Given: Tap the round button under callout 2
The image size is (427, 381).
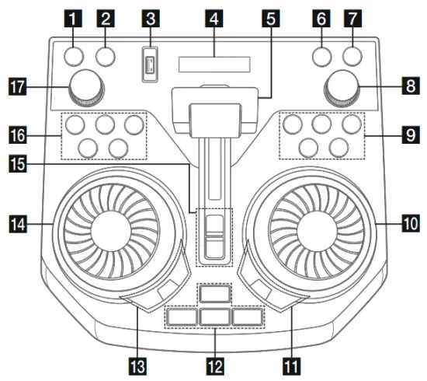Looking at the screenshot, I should click(106, 56).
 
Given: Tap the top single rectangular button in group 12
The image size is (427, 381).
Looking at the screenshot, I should click(213, 294).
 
